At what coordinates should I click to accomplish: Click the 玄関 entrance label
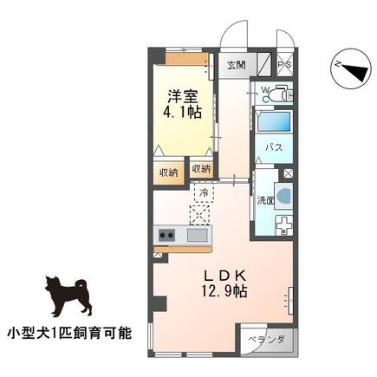coord(236,65)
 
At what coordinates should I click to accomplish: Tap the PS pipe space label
coord(285,65)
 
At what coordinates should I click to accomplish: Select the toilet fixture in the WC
coord(279,93)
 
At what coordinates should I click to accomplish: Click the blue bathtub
coord(273,121)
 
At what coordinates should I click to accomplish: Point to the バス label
coord(274,147)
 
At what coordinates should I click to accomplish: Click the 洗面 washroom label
coord(265,200)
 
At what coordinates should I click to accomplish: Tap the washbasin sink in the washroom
coord(283,196)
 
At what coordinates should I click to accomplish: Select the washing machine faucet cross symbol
coord(284,225)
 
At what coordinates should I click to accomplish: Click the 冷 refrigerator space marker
coord(204,192)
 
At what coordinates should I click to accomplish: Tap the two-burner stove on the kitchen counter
coord(166,235)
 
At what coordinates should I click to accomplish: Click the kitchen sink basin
coord(197,235)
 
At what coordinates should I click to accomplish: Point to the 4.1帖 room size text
coord(182,112)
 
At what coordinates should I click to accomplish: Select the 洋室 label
coord(182,96)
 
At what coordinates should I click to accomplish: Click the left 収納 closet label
coord(169,173)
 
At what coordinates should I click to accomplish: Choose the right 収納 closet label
coord(201,169)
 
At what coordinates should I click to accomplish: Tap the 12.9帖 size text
coord(224,291)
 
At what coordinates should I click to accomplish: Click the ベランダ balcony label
coord(266,340)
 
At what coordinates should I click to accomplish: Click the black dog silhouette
coord(68,296)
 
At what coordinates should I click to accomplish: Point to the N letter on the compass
coord(336,65)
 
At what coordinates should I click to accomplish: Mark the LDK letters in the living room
coord(224,276)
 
